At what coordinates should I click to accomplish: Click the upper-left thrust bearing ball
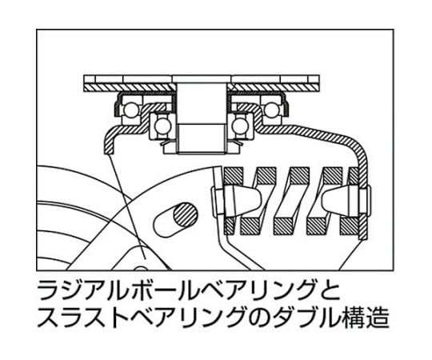(130, 110)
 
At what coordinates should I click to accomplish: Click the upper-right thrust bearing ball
(271, 110)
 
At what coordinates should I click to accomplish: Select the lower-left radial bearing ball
(160, 126)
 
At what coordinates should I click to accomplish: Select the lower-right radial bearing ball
(238, 126)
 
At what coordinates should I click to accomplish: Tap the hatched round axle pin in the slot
(186, 215)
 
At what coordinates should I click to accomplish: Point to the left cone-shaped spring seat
(242, 199)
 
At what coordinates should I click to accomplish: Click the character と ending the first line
(329, 290)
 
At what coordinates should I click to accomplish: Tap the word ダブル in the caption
(306, 317)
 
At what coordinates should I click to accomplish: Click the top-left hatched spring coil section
(234, 175)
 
